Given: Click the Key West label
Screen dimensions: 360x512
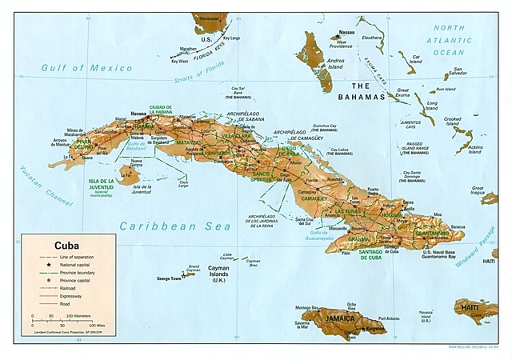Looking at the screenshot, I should click(x=180, y=61).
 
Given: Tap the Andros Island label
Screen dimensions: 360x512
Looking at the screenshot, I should click(x=336, y=63).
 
